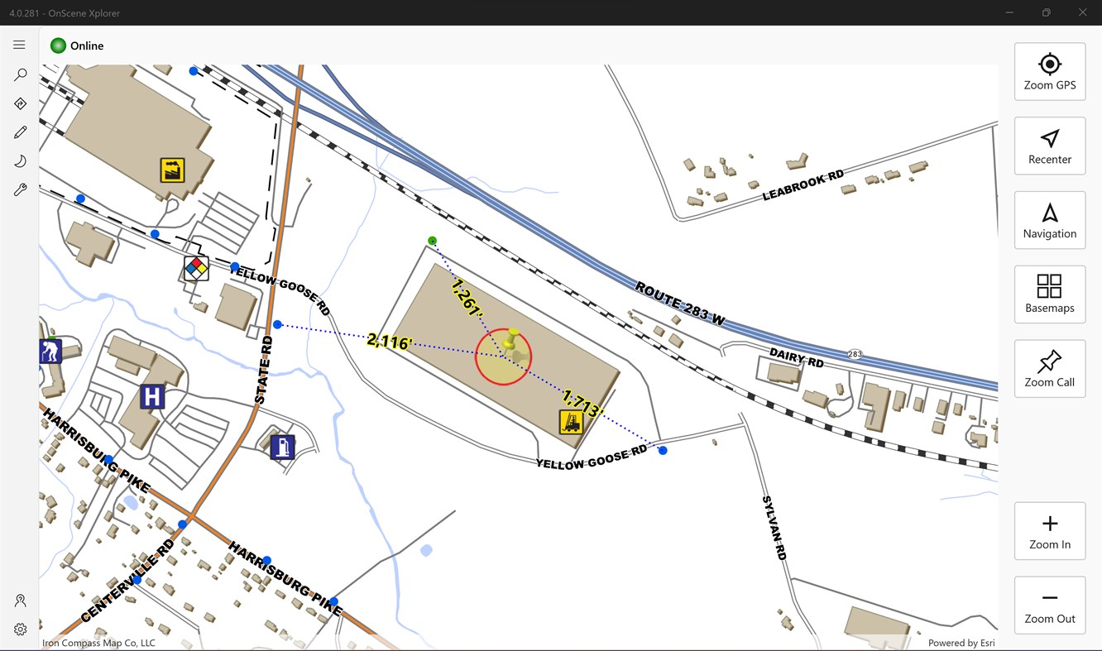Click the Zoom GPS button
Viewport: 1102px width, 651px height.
pyautogui.click(x=1049, y=72)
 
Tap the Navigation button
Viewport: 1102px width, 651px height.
pyautogui.click(x=1049, y=220)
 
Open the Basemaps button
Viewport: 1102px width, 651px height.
pyautogui.click(x=1049, y=294)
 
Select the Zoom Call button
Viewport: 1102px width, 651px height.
pyautogui.click(x=1049, y=369)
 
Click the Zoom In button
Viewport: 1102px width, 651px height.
pyautogui.click(x=1049, y=531)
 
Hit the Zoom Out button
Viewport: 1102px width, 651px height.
pyautogui.click(x=1049, y=606)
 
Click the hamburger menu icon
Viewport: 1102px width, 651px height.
pyautogui.click(x=19, y=45)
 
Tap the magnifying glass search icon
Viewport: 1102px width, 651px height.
pyautogui.click(x=20, y=74)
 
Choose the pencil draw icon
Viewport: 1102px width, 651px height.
pyautogui.click(x=20, y=132)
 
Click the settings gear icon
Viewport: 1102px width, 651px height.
pyautogui.click(x=20, y=629)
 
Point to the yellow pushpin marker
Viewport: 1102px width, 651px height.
pyautogui.click(x=511, y=341)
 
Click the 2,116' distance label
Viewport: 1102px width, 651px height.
pyautogui.click(x=389, y=341)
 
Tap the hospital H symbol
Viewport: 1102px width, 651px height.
pyautogui.click(x=151, y=397)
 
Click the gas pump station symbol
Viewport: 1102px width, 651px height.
pyautogui.click(x=282, y=448)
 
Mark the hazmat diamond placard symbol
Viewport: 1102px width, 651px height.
pyautogui.click(x=196, y=268)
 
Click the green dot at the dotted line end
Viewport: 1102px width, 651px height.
pyautogui.click(x=432, y=241)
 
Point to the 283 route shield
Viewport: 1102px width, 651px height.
pyautogui.click(x=855, y=354)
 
